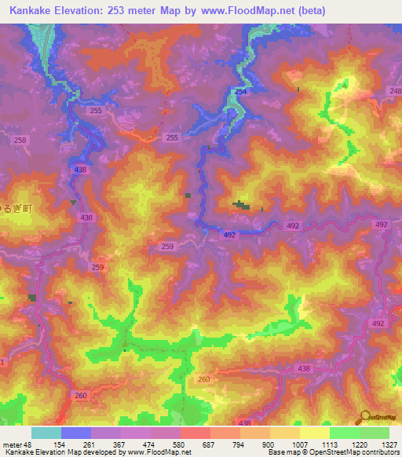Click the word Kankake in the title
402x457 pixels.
30,11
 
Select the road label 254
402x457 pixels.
239,92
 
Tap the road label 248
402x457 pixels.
394,91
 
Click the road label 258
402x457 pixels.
20,140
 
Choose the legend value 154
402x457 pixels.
60,444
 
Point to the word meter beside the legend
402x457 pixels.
12,444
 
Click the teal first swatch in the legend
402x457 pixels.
46,433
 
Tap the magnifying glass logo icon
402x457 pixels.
364,417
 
